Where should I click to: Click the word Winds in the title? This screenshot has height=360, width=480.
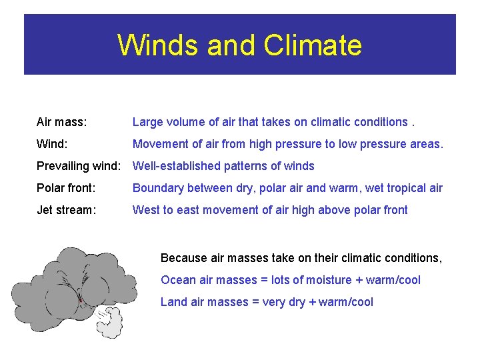tap(157, 45)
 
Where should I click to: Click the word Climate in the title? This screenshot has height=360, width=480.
tap(313, 45)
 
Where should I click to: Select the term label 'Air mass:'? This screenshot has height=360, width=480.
tap(62, 122)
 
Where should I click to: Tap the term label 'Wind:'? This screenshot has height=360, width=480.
tap(52, 144)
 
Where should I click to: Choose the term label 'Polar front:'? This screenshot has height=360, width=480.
tap(66, 188)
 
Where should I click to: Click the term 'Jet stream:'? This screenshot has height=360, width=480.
tap(66, 210)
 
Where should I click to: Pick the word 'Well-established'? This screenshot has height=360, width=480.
tap(173, 166)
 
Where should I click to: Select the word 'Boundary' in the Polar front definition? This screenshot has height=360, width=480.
tap(156, 188)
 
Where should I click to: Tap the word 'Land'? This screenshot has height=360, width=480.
tap(173, 302)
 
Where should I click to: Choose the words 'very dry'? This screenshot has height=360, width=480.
tap(284, 302)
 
